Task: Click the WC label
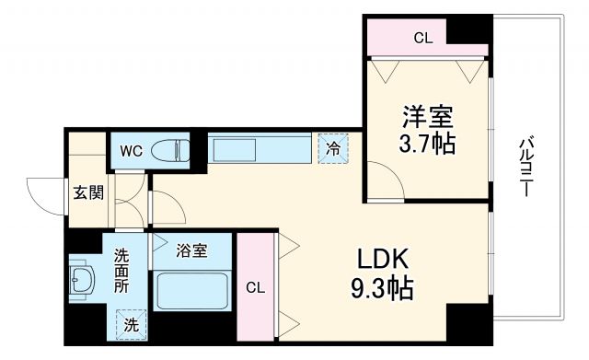[130, 151]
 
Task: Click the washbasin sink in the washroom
[80, 280]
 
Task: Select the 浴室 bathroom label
[191, 250]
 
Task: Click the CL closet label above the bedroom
[422, 38]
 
